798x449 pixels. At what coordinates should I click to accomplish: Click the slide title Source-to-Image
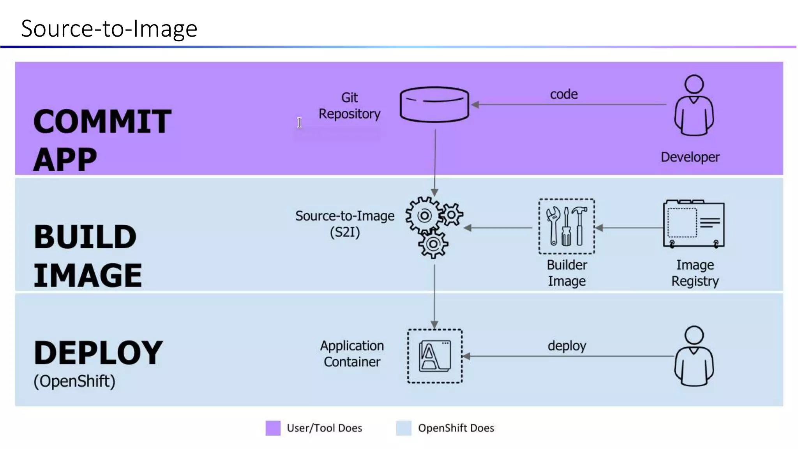tap(109, 28)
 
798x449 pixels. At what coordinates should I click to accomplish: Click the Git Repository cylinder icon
tap(434, 104)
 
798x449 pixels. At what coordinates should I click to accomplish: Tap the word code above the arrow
tap(563, 94)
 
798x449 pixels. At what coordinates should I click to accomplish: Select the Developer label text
tap(690, 157)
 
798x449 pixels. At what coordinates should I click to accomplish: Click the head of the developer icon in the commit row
tap(694, 84)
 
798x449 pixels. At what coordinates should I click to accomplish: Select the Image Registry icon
tap(694, 224)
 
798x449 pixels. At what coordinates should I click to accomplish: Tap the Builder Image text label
tap(567, 273)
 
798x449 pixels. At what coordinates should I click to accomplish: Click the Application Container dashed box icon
tap(435, 356)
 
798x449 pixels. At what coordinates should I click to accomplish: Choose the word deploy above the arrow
tap(567, 346)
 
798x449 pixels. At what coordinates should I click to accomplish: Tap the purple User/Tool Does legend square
tap(273, 428)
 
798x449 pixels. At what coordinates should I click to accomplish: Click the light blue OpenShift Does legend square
tap(404, 428)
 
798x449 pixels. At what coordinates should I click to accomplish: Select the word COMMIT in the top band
tap(102, 122)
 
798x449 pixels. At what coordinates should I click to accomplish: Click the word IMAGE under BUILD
tap(88, 276)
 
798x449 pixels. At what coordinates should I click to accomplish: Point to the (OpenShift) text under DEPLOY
tap(74, 381)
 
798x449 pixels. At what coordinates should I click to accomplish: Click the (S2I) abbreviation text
tap(345, 232)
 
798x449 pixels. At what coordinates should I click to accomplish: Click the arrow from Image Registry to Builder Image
tap(629, 228)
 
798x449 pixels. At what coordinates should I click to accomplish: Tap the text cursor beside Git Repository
tap(299, 122)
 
